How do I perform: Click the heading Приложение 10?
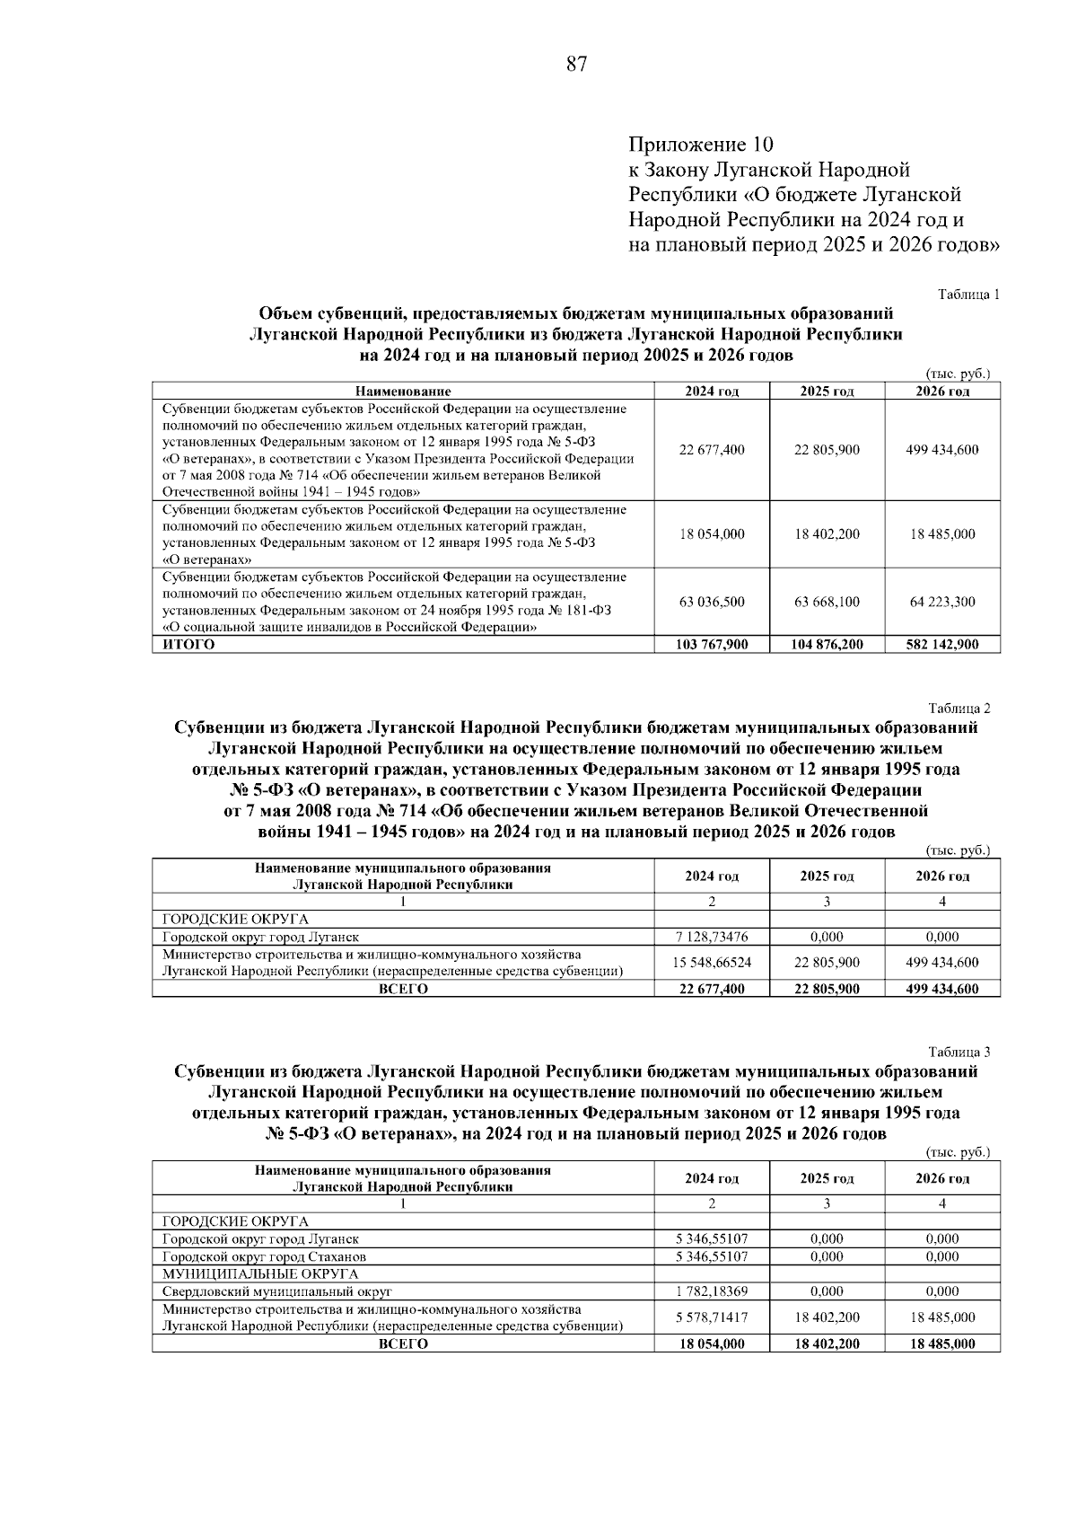coord(700,145)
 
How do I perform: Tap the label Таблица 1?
coord(968,294)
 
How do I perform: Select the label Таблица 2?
coord(959,708)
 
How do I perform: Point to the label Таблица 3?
coord(959,1052)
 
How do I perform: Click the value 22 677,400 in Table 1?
coord(712,449)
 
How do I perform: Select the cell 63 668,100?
coord(827,602)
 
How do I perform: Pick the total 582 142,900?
coord(942,644)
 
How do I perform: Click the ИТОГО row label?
coord(188,644)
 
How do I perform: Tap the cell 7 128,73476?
coord(712,936)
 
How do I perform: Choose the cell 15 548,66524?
coord(712,962)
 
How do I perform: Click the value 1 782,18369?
coord(712,1291)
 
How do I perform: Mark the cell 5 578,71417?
coord(712,1317)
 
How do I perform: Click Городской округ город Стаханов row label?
coord(264,1256)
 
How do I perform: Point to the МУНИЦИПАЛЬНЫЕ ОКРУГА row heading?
coord(260,1273)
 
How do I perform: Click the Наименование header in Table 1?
coord(402,391)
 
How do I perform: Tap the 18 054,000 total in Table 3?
coord(712,1343)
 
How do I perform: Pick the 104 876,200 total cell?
coord(827,644)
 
